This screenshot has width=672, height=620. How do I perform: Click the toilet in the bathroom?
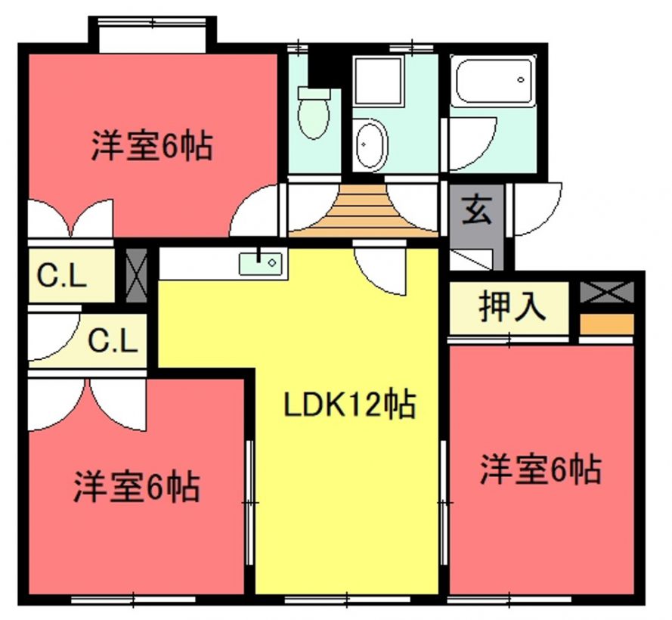[x=314, y=113]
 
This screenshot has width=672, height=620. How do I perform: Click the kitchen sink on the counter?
[x=261, y=263]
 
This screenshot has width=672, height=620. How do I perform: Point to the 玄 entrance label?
[x=476, y=209]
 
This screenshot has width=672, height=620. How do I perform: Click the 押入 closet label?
[x=513, y=306]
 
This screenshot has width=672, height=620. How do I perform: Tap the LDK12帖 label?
[x=349, y=404]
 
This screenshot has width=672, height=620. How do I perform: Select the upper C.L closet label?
[x=62, y=276]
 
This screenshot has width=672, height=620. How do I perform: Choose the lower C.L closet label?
[x=113, y=341]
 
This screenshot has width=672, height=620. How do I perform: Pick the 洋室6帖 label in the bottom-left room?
[x=137, y=487]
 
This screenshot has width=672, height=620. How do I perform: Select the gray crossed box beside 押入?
[x=607, y=293]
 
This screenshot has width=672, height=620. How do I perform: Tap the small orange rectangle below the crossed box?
[x=607, y=324]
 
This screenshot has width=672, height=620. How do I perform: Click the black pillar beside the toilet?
[x=325, y=70]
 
